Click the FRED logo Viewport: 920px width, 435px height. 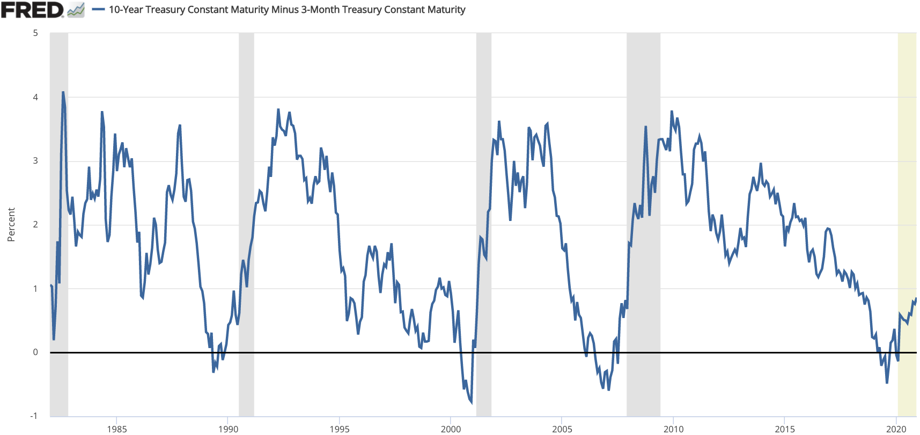pos(32,10)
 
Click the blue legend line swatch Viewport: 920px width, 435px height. pos(98,10)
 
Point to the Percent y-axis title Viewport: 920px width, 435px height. pos(11,225)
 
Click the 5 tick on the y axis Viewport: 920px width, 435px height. pos(35,33)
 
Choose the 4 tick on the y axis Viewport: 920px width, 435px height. pos(35,97)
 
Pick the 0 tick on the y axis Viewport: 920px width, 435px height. pos(35,352)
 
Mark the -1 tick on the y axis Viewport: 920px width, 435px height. pos(34,416)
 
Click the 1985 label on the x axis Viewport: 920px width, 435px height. pos(117,429)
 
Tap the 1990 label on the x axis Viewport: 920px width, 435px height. pos(228,429)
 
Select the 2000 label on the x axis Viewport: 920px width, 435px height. pos(451,429)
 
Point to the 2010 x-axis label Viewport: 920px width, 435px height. pos(673,429)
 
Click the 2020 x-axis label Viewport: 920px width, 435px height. pos(896,429)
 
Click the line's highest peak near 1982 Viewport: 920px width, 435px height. pos(63,92)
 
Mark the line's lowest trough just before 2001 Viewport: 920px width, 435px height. pos(472,402)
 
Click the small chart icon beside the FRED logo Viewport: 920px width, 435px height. pos(76,10)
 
